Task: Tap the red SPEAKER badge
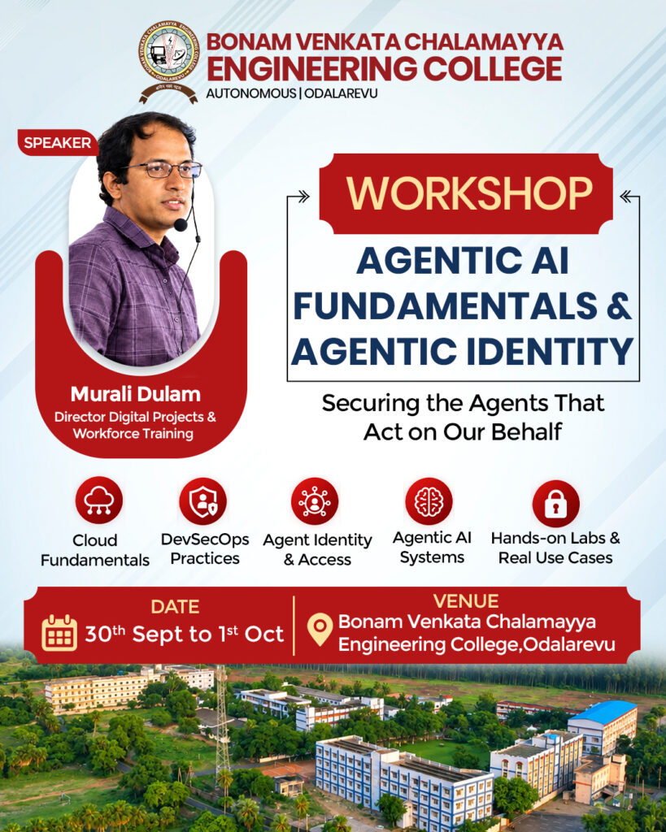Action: tap(58, 143)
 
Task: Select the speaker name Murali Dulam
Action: tap(136, 394)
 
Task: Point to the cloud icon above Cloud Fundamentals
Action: tap(98, 500)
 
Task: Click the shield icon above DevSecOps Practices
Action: tap(202, 500)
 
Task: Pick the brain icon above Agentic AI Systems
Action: tap(429, 500)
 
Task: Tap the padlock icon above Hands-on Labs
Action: tap(555, 504)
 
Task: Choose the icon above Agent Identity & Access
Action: tap(315, 500)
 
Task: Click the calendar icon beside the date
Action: tap(59, 633)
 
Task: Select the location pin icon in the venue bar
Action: tap(320, 630)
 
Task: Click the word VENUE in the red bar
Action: tap(466, 601)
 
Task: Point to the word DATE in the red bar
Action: tap(175, 606)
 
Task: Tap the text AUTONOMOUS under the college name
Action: tap(250, 93)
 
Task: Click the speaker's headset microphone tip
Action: tap(181, 225)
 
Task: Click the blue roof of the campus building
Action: tap(603, 711)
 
